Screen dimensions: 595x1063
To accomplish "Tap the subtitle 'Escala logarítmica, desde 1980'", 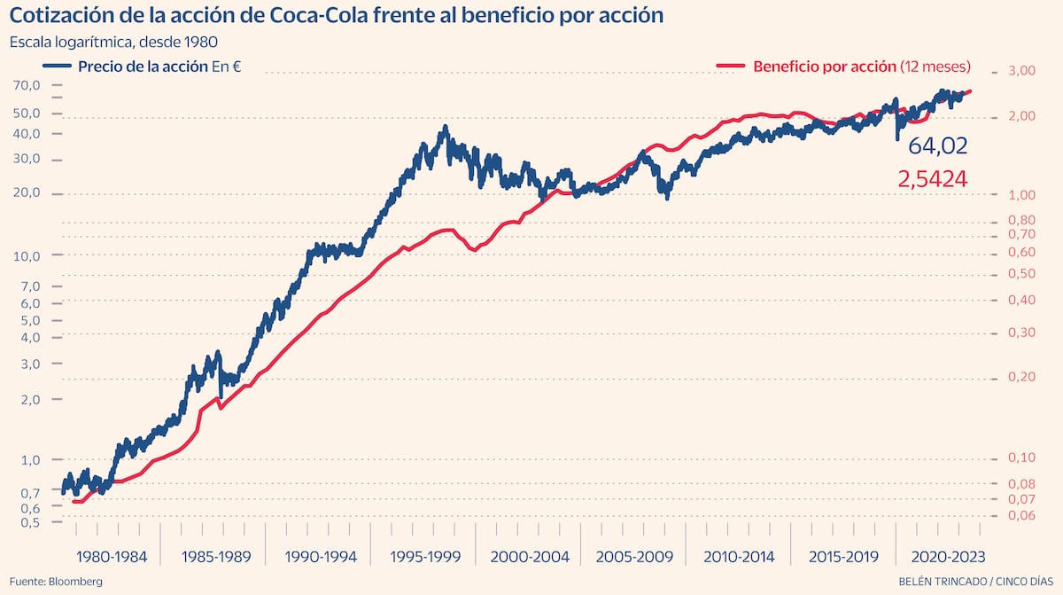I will click(x=113, y=42).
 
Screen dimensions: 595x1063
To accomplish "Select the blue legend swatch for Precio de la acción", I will click(x=56, y=67).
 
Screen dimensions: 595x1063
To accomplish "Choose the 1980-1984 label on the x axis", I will click(x=112, y=557).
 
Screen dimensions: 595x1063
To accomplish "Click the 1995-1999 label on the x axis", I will click(x=425, y=557).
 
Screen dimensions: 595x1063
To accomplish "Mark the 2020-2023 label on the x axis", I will click(x=942, y=557).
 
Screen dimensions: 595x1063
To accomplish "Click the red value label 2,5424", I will click(x=932, y=180).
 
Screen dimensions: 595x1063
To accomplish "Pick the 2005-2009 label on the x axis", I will click(x=634, y=557).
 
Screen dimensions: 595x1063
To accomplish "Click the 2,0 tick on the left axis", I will click(x=32, y=399).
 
